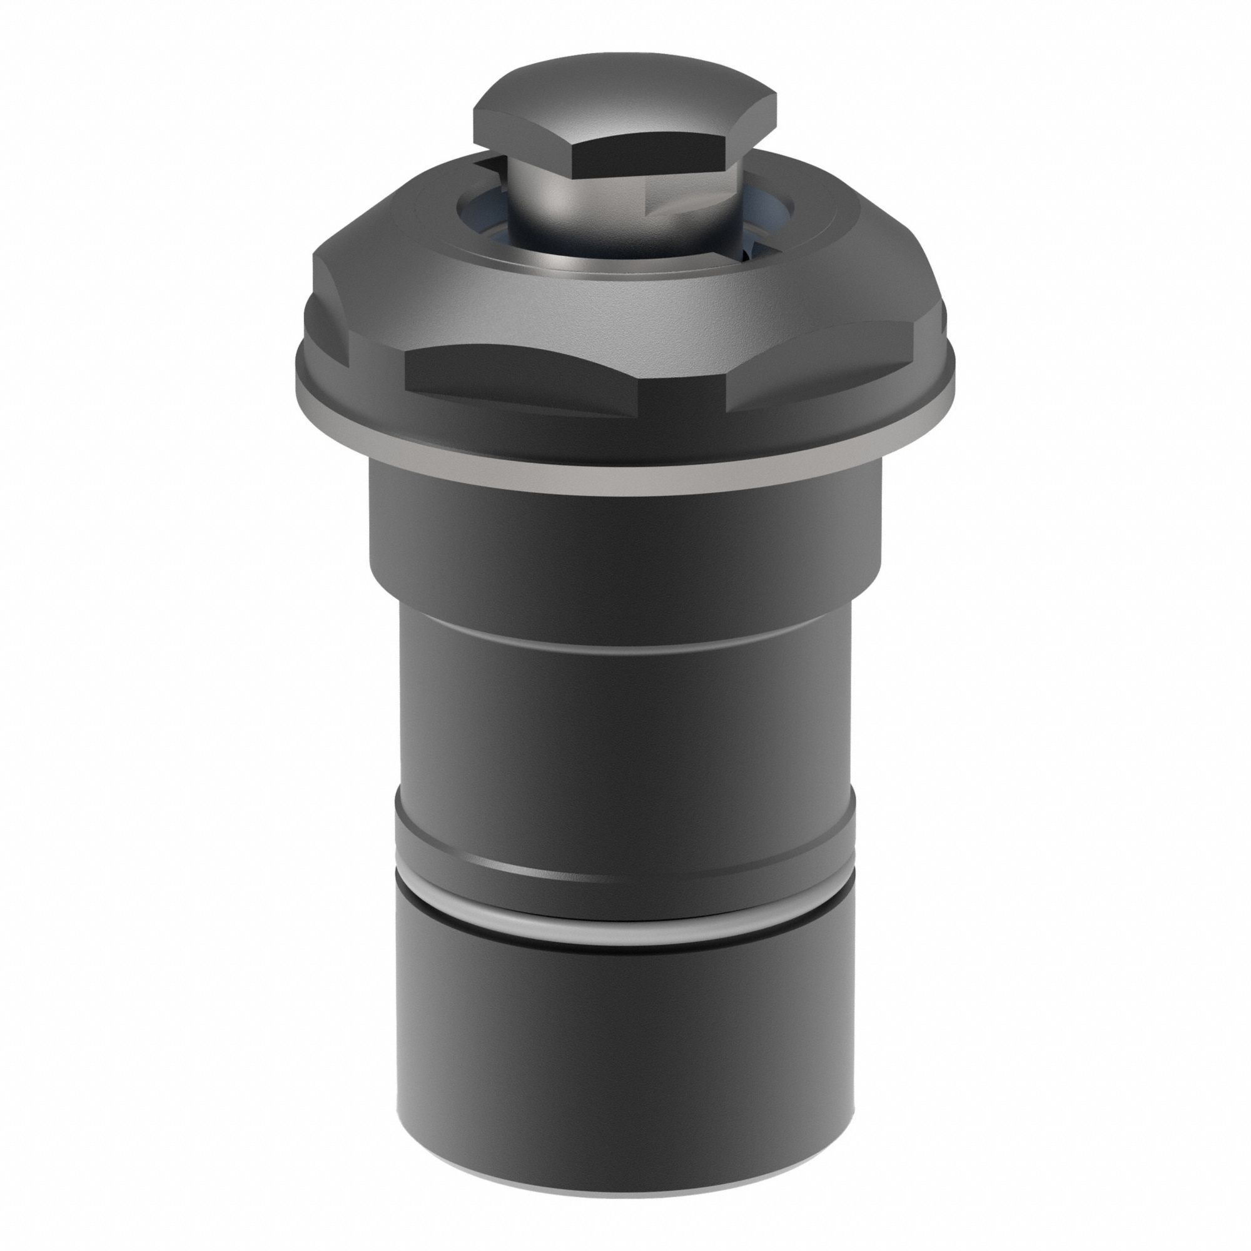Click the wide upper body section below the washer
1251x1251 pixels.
click(x=625, y=550)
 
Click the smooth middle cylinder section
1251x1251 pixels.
click(x=625, y=725)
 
